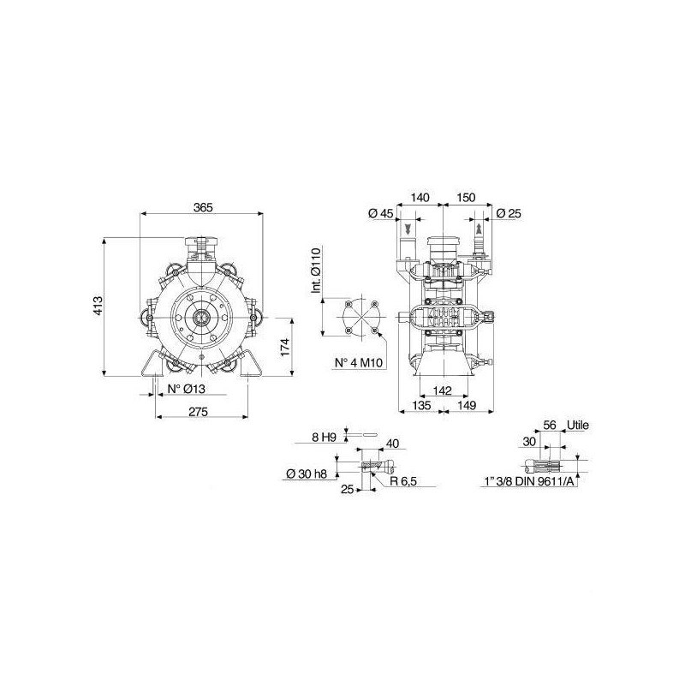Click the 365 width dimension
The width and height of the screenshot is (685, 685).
[x=203, y=207]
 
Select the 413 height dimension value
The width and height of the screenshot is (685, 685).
[x=98, y=306]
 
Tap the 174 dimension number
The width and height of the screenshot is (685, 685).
[x=285, y=347]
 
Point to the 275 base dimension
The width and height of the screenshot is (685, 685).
[x=199, y=411]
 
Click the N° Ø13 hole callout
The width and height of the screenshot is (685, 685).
[x=187, y=389]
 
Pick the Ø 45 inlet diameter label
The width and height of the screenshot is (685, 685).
[x=381, y=213]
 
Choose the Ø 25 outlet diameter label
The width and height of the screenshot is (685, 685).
[x=509, y=213]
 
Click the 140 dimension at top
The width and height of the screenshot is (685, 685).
[x=420, y=198]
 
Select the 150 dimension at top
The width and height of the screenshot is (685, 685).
[x=466, y=198]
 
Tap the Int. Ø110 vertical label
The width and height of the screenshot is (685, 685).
[x=317, y=270]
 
